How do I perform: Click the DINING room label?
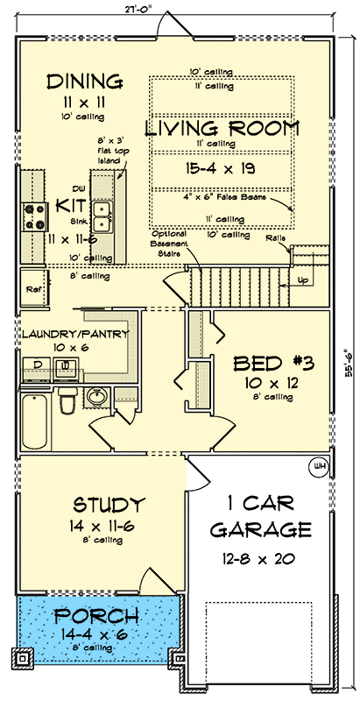coord(85,81)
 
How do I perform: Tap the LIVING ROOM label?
coord(222,128)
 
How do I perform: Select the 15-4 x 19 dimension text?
coord(222,165)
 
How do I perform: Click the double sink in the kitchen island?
coord(102,209)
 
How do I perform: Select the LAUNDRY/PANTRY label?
coord(75,334)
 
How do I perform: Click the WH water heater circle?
coord(319,466)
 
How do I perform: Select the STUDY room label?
coord(108,505)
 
